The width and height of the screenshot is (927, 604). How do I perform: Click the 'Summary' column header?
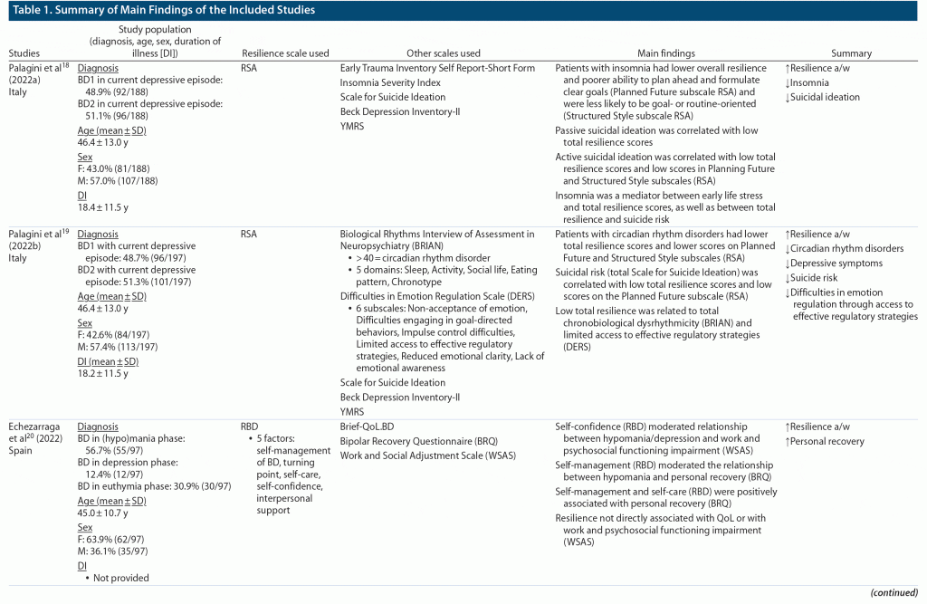click(x=850, y=53)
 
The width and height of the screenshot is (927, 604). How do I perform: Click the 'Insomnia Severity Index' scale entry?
click(x=390, y=82)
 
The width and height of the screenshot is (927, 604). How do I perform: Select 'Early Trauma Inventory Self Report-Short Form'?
click(x=437, y=68)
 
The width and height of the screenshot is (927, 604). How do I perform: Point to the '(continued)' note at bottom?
click(x=895, y=592)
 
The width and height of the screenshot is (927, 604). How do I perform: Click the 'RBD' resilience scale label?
click(x=251, y=426)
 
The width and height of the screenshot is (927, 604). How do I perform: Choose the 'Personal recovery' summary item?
click(x=827, y=441)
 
